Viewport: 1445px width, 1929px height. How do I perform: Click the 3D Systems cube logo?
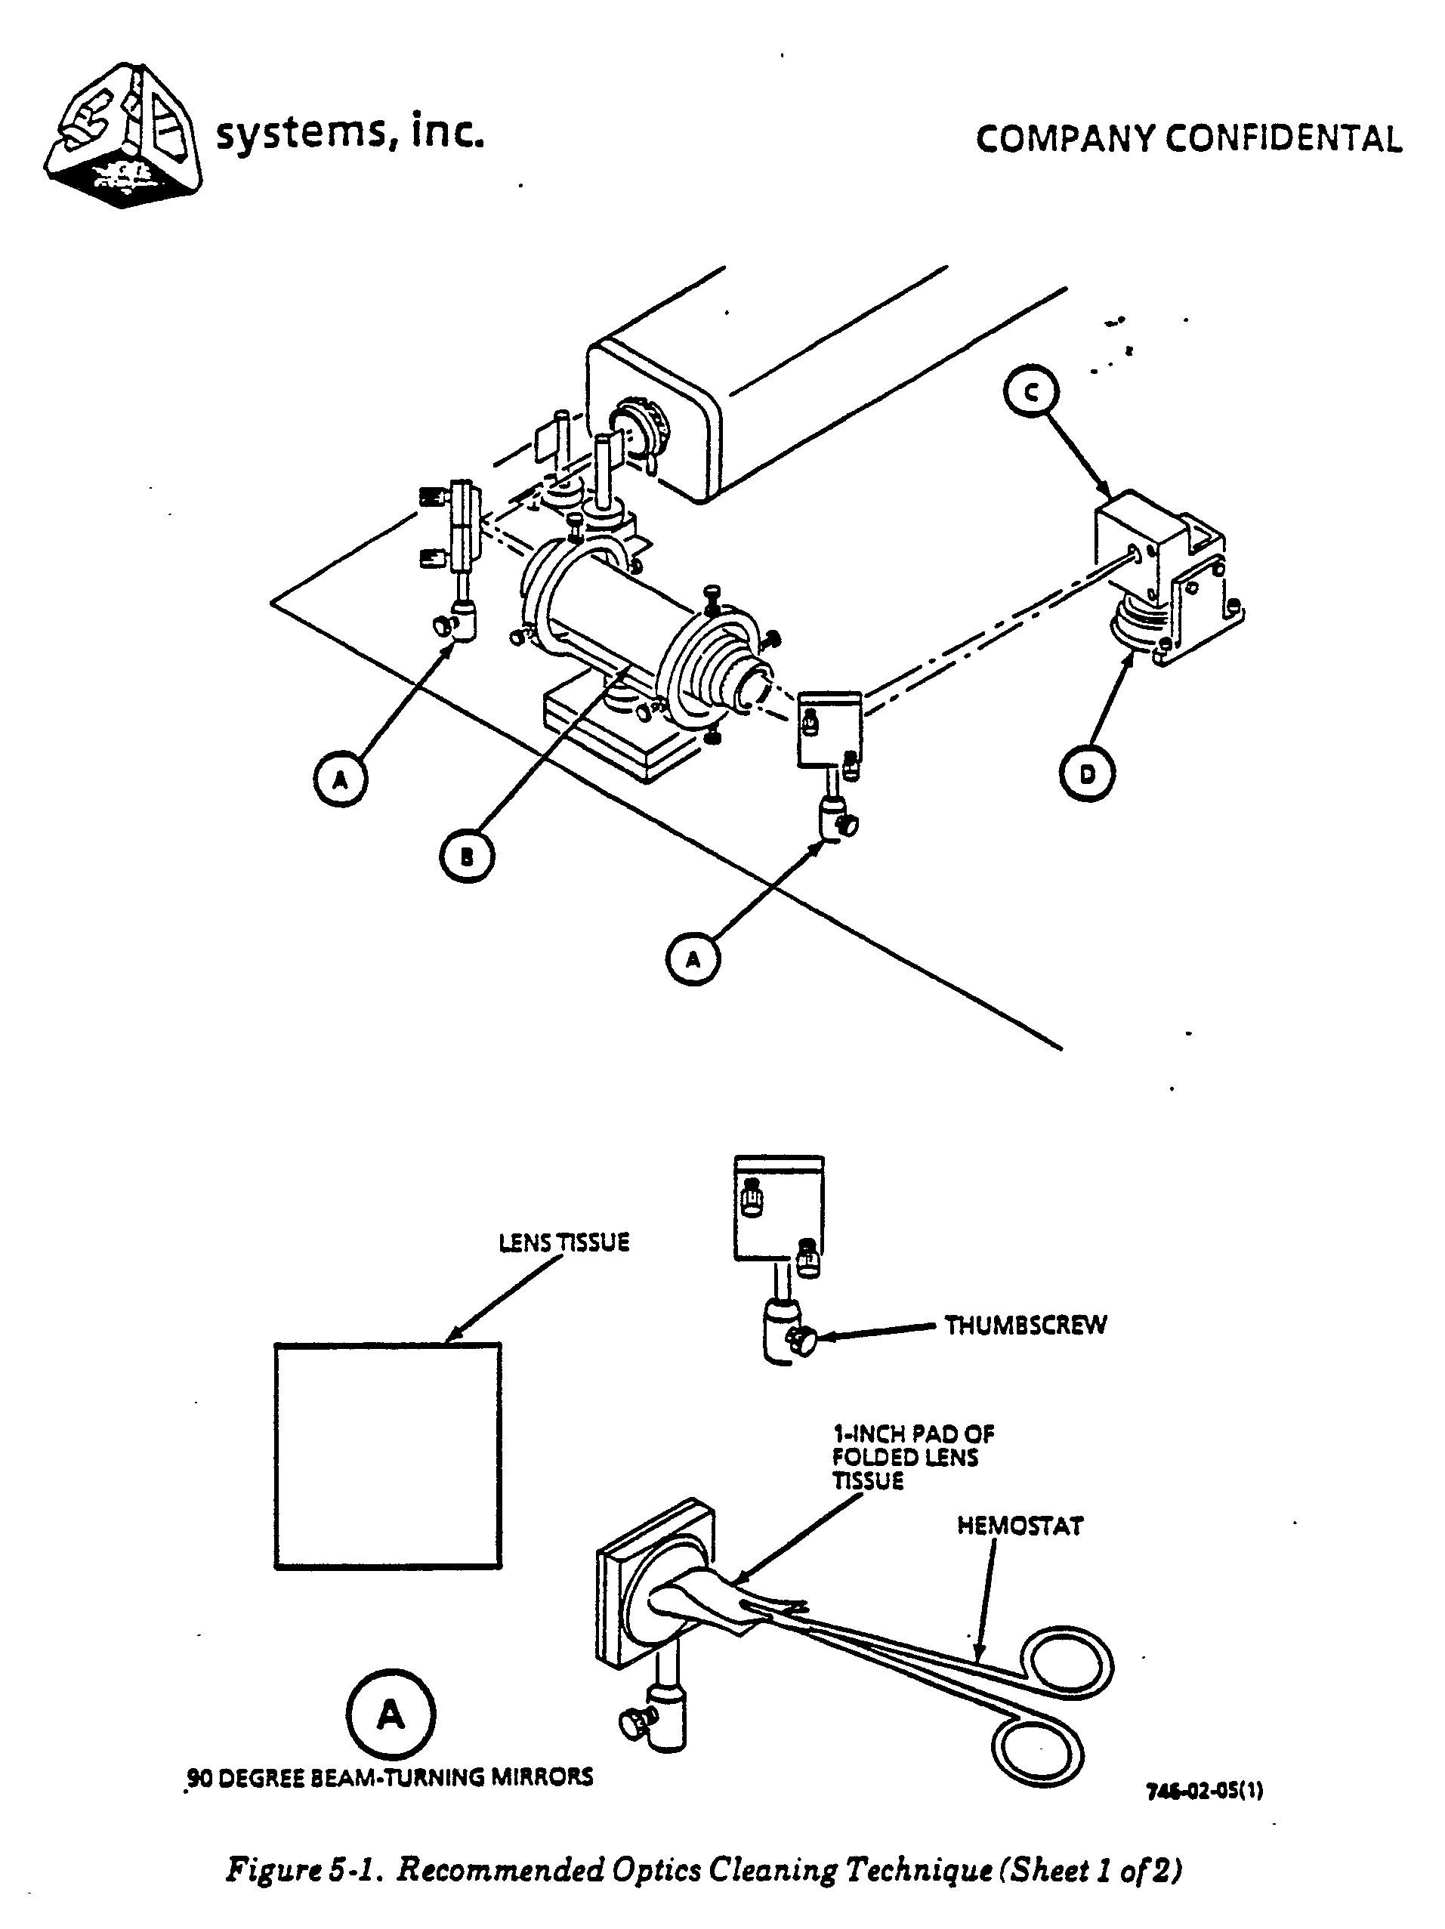pyautogui.click(x=123, y=135)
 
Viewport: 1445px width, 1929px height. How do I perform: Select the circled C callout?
pyautogui.click(x=1031, y=394)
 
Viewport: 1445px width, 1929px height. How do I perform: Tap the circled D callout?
pyautogui.click(x=1087, y=773)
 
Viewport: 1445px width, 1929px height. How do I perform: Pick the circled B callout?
pyautogui.click(x=467, y=856)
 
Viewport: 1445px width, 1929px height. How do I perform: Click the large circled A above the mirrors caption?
pyautogui.click(x=391, y=1714)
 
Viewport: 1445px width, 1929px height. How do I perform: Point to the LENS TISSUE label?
pyautogui.click(x=563, y=1242)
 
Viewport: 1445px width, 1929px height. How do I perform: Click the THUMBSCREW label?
pyautogui.click(x=1026, y=1326)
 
